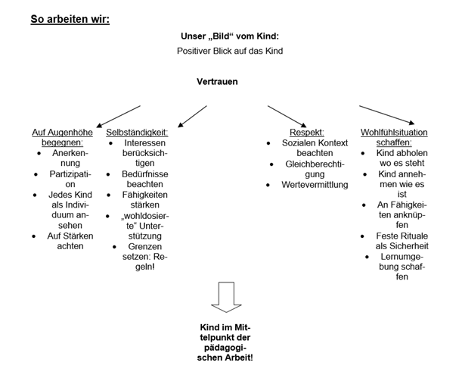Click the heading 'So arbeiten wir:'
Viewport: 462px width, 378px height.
pos(70,18)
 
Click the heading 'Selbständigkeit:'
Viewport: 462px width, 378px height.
pos(137,132)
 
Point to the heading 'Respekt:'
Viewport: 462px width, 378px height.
pos(307,132)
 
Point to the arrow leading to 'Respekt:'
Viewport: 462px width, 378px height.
pos(288,112)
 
